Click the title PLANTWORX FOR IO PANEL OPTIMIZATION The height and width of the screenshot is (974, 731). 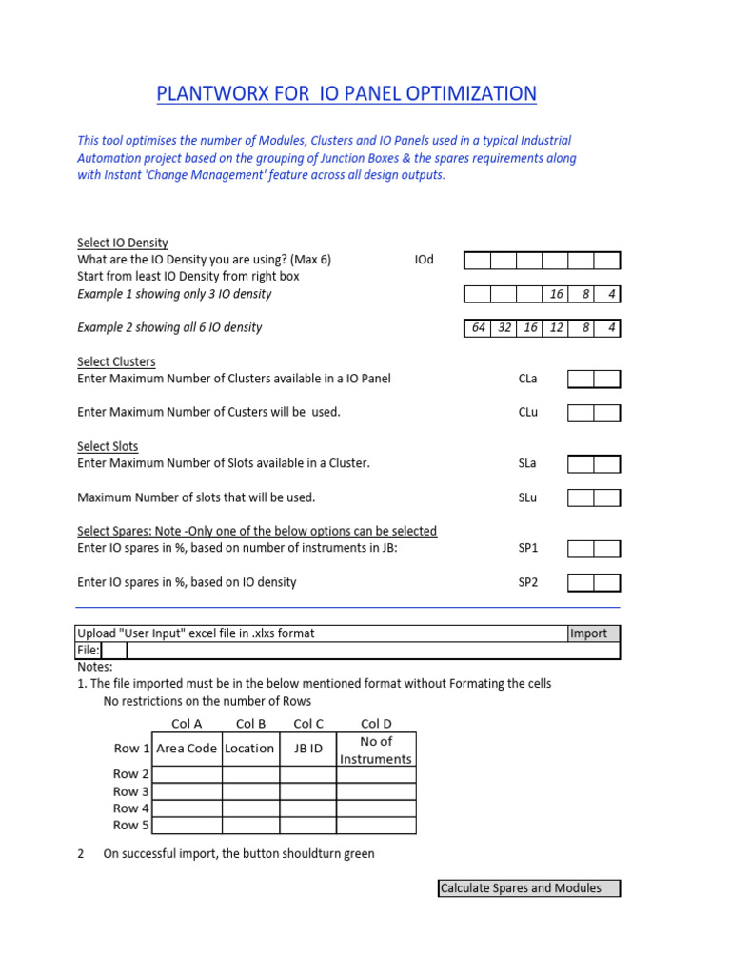pyautogui.click(x=346, y=93)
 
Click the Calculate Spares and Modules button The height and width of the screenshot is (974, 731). pyautogui.click(x=528, y=888)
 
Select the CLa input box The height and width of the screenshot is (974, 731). pyautogui.click(x=594, y=380)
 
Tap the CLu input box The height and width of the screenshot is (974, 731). pyautogui.click(x=594, y=413)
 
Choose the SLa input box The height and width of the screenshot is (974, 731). pyautogui.click(x=594, y=464)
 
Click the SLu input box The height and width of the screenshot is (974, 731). pyautogui.click(x=594, y=497)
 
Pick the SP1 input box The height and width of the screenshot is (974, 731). pyautogui.click(x=594, y=549)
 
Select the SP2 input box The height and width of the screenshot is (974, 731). pyautogui.click(x=594, y=582)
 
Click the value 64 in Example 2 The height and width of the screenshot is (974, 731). pyautogui.click(x=478, y=328)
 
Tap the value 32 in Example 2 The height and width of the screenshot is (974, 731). pyautogui.click(x=504, y=328)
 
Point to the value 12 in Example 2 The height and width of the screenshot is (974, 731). pyautogui.click(x=556, y=328)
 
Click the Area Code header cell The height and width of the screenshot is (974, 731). pyautogui.click(x=187, y=749)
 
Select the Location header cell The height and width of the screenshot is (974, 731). pyautogui.click(x=250, y=749)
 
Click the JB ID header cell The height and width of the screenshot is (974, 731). pyautogui.click(x=308, y=749)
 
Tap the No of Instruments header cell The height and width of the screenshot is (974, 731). pyautogui.click(x=376, y=750)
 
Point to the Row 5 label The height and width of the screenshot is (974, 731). pyautogui.click(x=131, y=825)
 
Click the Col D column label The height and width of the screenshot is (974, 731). pyautogui.click(x=376, y=724)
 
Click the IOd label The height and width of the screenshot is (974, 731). pyautogui.click(x=425, y=260)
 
